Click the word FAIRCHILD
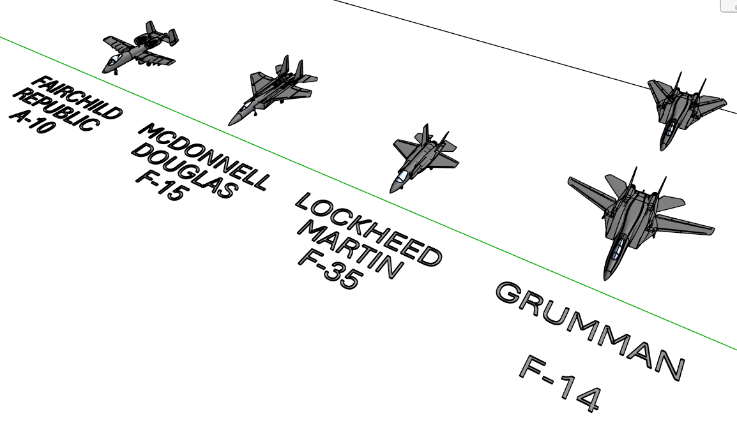[77, 97]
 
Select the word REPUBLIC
[56, 109]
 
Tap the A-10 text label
[32, 122]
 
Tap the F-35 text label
[330, 269]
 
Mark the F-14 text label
[560, 383]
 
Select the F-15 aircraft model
[273, 90]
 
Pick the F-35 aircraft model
[423, 158]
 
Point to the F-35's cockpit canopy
[402, 177]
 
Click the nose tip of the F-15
[229, 124]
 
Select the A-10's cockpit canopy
[113, 59]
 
